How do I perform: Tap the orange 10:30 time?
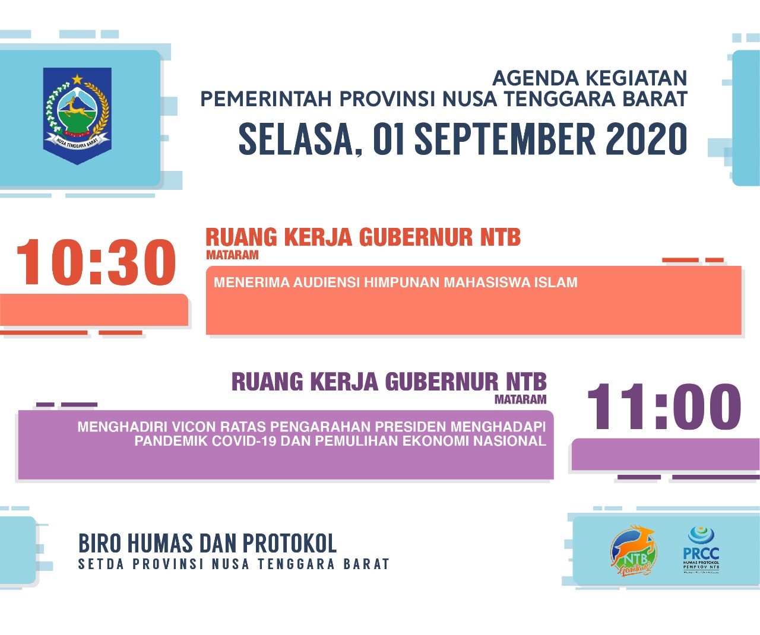click(96, 262)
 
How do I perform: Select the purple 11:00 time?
click(663, 407)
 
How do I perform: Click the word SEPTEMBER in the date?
click(505, 139)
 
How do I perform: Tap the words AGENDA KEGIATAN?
click(590, 78)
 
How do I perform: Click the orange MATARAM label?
click(232, 255)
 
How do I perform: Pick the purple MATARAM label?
click(520, 399)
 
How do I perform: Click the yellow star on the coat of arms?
click(77, 79)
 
